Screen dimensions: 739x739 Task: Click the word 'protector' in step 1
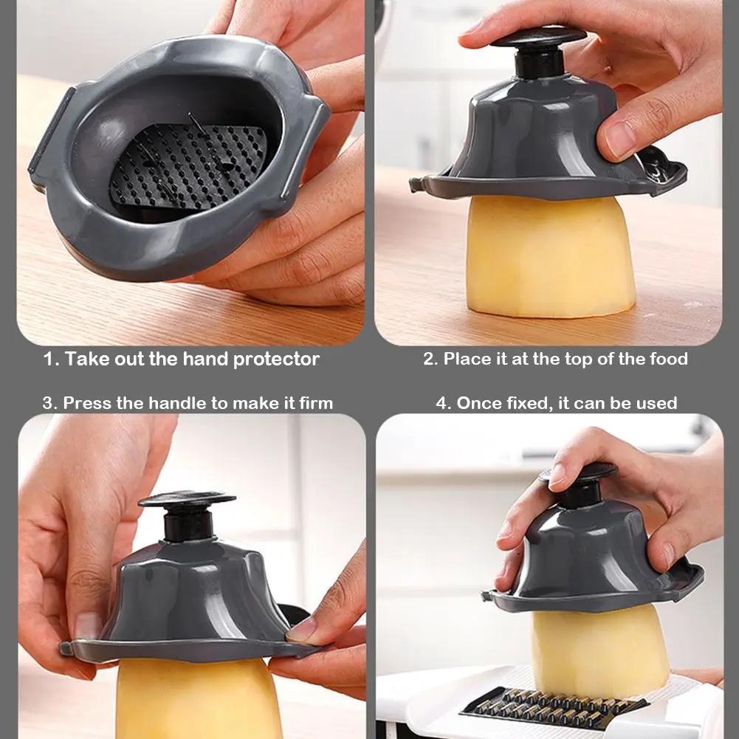(276, 360)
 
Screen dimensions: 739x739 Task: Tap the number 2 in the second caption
(429, 359)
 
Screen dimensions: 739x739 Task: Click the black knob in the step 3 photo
(188, 514)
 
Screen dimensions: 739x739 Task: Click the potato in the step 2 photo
(551, 256)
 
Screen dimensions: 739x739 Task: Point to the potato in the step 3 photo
(199, 698)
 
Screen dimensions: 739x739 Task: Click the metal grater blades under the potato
(554, 708)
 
